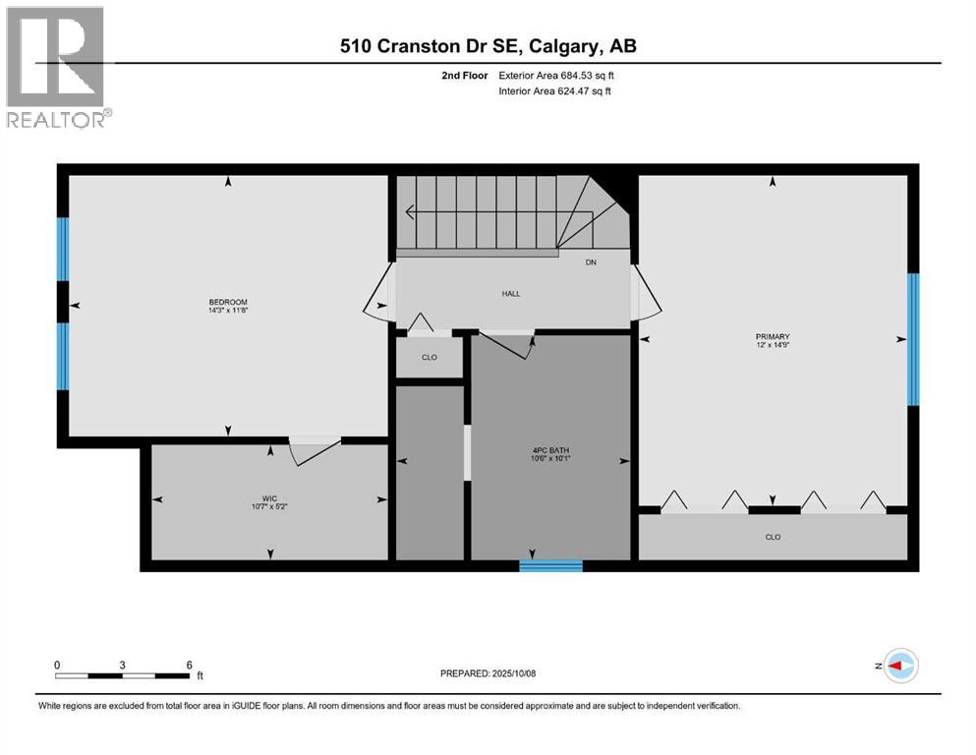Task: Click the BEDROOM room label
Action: coord(227,302)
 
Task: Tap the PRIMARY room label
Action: coord(773,336)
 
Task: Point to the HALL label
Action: coord(510,293)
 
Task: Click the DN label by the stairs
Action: coord(590,262)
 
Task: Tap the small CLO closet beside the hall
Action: coord(429,357)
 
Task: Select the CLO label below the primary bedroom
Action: coord(773,537)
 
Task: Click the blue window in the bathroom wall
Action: coord(550,565)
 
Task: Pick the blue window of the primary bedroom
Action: coord(912,339)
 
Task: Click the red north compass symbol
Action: coord(898,667)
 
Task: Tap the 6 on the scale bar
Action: coord(189,665)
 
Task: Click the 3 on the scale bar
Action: coord(123,665)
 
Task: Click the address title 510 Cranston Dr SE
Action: coord(488,46)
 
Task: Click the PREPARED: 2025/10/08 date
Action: coord(488,673)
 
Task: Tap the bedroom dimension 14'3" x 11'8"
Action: coord(227,312)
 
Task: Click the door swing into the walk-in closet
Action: coord(315,450)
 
